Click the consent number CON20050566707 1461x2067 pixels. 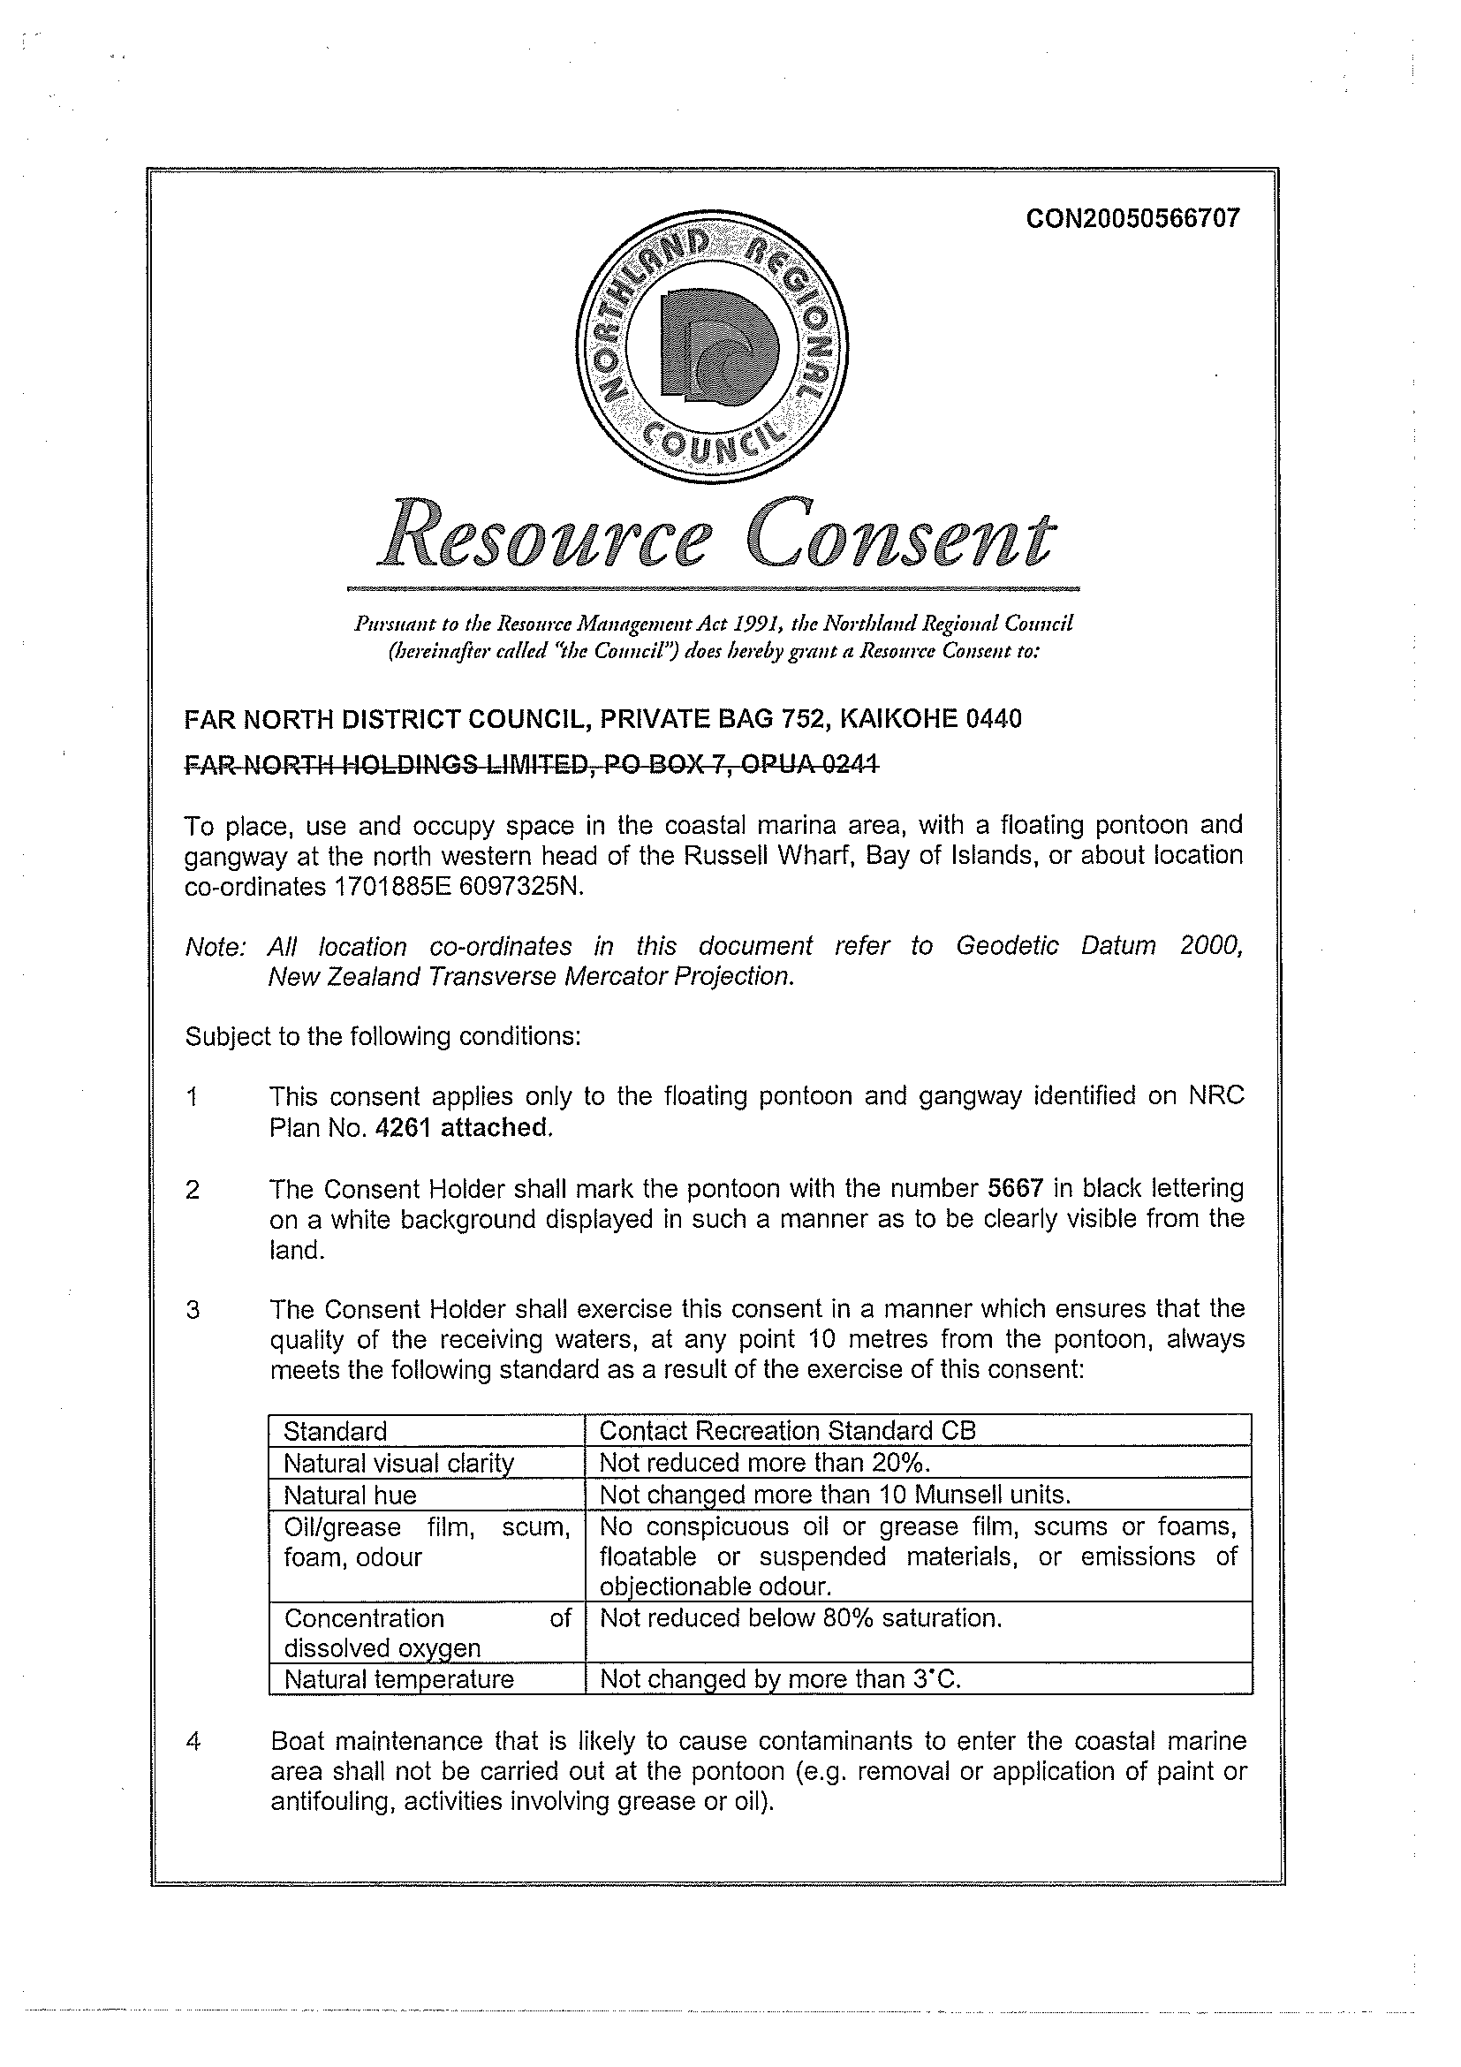(x=1132, y=219)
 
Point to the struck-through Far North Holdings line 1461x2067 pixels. (x=531, y=764)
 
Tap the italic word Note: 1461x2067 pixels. (x=216, y=947)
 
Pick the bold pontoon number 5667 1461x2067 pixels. (x=1016, y=1188)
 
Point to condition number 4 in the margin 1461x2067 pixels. (x=193, y=1742)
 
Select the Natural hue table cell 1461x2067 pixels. (x=350, y=1495)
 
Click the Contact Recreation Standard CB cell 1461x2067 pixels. (x=788, y=1431)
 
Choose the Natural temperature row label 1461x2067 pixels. (x=398, y=1679)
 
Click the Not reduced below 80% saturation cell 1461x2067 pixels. (x=800, y=1618)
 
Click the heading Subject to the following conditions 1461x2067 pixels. (x=382, y=1036)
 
